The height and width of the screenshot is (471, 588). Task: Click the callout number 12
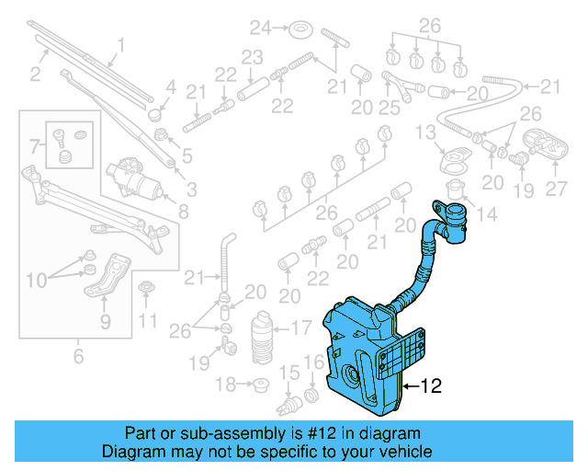coord(433,387)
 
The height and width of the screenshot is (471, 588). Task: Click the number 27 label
coord(557,190)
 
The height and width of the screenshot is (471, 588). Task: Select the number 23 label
coord(252,56)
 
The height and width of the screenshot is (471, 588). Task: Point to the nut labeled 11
coord(146,293)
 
